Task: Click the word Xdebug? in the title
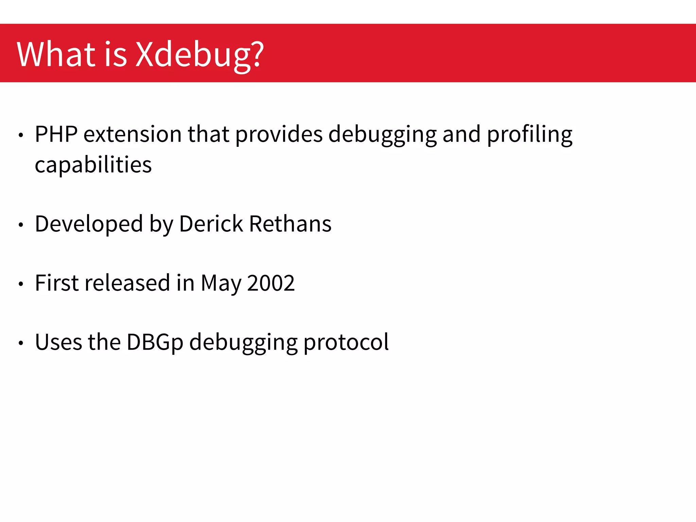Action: coord(199,54)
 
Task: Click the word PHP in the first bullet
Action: coord(56,134)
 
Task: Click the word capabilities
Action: coord(93,165)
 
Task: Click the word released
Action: coord(127,283)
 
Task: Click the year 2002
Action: coord(271,283)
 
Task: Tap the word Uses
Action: coord(58,342)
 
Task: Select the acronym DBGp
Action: coord(155,343)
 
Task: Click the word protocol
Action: coord(346,343)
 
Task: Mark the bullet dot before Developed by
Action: coord(21,225)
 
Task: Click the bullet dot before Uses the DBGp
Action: coord(21,343)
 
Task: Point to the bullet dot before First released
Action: coord(21,284)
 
